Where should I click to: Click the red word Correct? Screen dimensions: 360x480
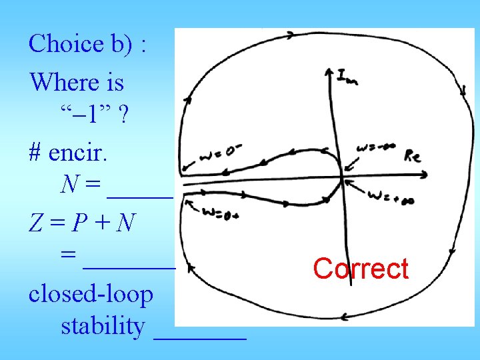361,269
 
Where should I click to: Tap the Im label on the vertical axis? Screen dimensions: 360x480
346,77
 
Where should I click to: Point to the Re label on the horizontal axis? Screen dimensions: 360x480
412,155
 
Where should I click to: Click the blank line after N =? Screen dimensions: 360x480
139,195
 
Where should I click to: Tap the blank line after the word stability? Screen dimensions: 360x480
200,337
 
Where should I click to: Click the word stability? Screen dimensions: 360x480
103,327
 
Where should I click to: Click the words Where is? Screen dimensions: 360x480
77,83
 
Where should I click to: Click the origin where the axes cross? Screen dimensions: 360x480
343,177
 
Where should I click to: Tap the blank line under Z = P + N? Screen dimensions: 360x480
129,266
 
